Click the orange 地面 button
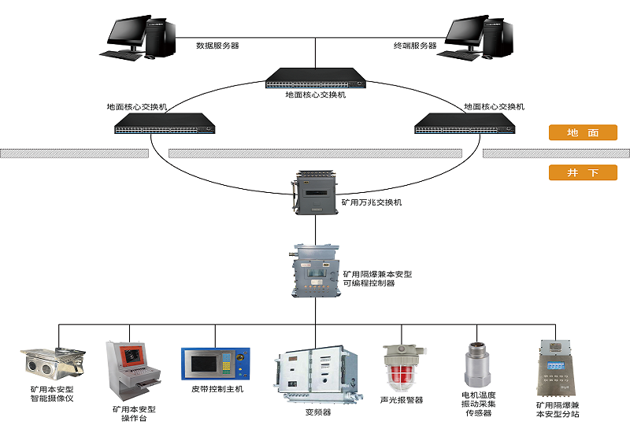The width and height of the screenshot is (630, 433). (x=583, y=133)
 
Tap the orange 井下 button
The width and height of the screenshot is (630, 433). (x=583, y=172)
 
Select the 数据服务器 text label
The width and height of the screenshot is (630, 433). (x=217, y=46)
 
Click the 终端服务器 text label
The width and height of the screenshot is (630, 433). (x=415, y=46)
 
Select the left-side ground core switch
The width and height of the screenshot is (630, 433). (x=165, y=122)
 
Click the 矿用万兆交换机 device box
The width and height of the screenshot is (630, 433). (x=315, y=192)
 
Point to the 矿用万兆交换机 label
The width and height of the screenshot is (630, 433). (x=371, y=202)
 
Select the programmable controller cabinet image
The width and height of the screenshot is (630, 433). (x=315, y=271)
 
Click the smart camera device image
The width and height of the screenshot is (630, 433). (x=50, y=365)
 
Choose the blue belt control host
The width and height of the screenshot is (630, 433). (x=215, y=365)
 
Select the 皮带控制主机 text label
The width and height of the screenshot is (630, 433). (x=217, y=389)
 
